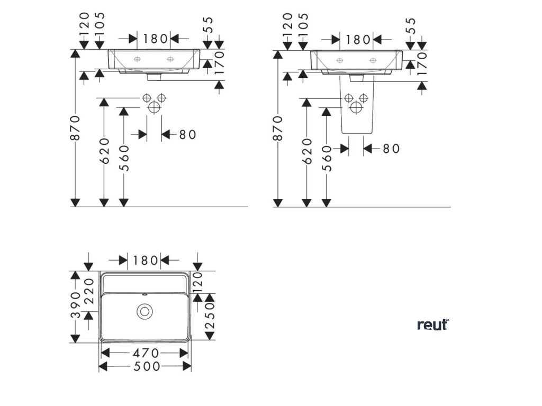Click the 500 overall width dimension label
(x=145, y=366)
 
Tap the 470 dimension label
(x=145, y=353)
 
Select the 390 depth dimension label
(x=76, y=305)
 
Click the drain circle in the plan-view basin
(x=143, y=311)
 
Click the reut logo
(x=432, y=325)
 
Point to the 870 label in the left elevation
(x=76, y=127)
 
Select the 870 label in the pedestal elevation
(x=278, y=127)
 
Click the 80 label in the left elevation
(x=187, y=135)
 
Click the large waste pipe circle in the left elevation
(x=153, y=107)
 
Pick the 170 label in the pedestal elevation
(x=422, y=64)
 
